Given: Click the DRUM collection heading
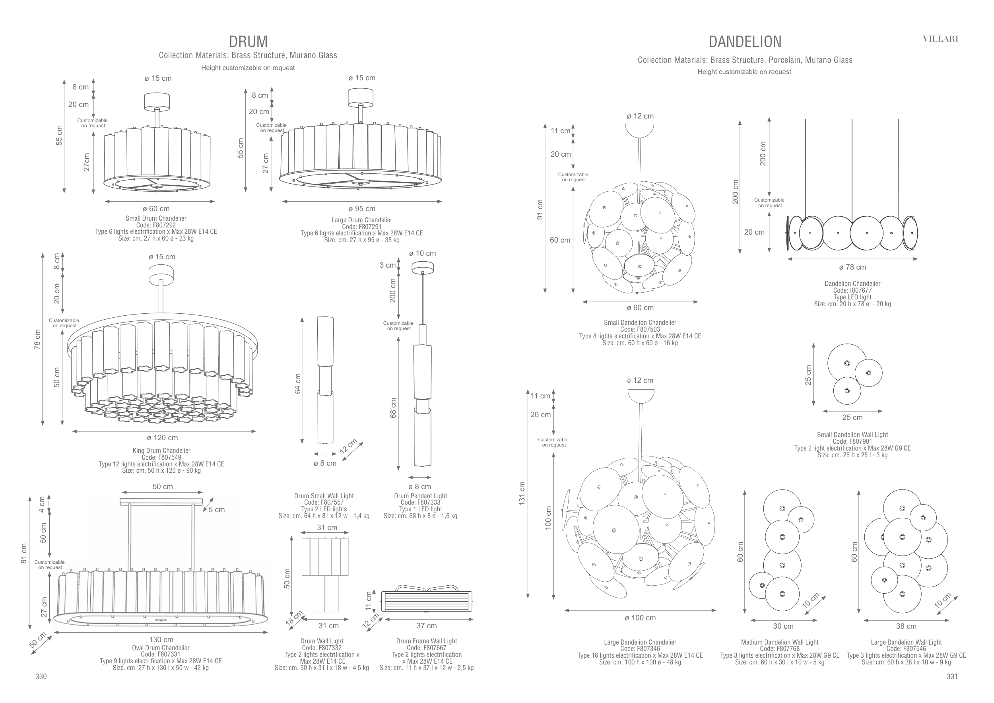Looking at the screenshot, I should (248, 42).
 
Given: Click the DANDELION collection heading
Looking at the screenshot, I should (745, 42).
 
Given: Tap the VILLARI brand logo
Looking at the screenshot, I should (940, 39).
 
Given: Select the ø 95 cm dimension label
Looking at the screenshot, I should (361, 209).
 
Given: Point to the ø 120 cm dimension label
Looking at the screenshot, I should (162, 438).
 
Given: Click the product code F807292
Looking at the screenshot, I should (156, 225).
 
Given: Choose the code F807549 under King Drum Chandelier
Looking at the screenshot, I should (161, 457).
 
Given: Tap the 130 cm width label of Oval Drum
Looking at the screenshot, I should (161, 639).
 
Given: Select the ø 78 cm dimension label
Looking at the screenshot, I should (852, 267).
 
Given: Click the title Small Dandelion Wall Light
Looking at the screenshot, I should (852, 435).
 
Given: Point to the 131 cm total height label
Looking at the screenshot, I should (522, 493).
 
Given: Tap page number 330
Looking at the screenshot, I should (41, 677).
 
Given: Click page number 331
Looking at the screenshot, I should (952, 677).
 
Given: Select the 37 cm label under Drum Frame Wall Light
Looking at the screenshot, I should (427, 625).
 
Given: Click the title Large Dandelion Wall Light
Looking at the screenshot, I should (906, 643).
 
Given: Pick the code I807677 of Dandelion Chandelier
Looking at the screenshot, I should (852, 290).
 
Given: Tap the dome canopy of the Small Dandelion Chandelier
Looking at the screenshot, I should (639, 128).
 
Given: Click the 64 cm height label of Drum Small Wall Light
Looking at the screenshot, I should (297, 384).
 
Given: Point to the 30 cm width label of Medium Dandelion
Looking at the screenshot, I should (783, 626).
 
